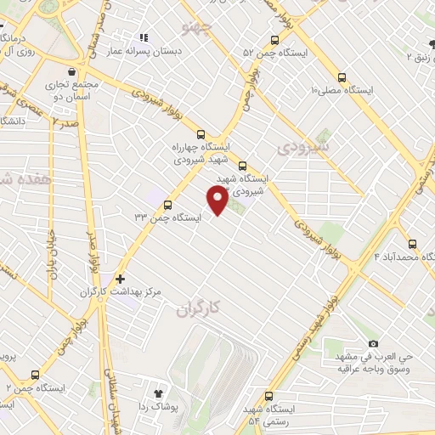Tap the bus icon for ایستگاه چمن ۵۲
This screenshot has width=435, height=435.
click(x=274, y=40)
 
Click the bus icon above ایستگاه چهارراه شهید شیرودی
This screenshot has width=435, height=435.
click(x=201, y=133)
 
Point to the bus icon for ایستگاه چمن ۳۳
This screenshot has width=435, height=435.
click(x=167, y=205)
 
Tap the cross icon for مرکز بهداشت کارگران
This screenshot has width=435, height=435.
click(x=120, y=278)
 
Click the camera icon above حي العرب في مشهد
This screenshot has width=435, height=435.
click(x=373, y=344)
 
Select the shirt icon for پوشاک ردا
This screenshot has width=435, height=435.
click(x=157, y=393)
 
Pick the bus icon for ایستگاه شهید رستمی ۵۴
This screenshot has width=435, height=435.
click(x=269, y=396)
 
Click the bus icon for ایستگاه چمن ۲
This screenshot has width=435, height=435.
click(x=35, y=375)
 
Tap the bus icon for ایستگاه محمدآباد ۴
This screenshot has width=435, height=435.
click(x=412, y=242)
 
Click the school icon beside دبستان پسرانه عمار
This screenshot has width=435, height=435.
click(x=144, y=37)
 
